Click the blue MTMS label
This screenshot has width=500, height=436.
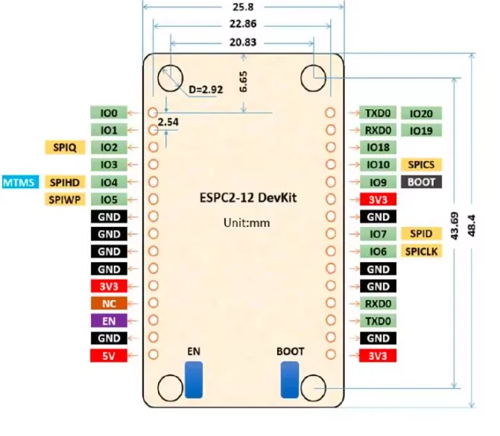click(x=20, y=182)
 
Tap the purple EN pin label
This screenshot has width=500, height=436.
click(x=109, y=320)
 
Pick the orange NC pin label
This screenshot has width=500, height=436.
click(x=109, y=303)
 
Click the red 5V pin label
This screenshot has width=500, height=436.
click(x=109, y=355)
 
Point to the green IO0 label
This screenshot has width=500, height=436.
click(x=109, y=113)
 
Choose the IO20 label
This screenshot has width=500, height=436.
click(x=422, y=113)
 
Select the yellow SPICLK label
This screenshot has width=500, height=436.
click(x=422, y=252)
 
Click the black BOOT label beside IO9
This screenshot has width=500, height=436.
click(x=422, y=182)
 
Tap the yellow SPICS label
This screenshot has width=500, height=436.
click(x=422, y=165)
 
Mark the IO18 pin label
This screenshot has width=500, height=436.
click(x=379, y=148)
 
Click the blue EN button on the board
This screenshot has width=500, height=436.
click(x=194, y=379)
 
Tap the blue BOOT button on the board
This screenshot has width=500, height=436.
click(x=289, y=379)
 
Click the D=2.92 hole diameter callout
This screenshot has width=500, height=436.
click(x=206, y=90)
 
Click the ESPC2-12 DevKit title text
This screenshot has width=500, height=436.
click(x=243, y=199)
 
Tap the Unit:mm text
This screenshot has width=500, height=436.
click(x=243, y=222)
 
